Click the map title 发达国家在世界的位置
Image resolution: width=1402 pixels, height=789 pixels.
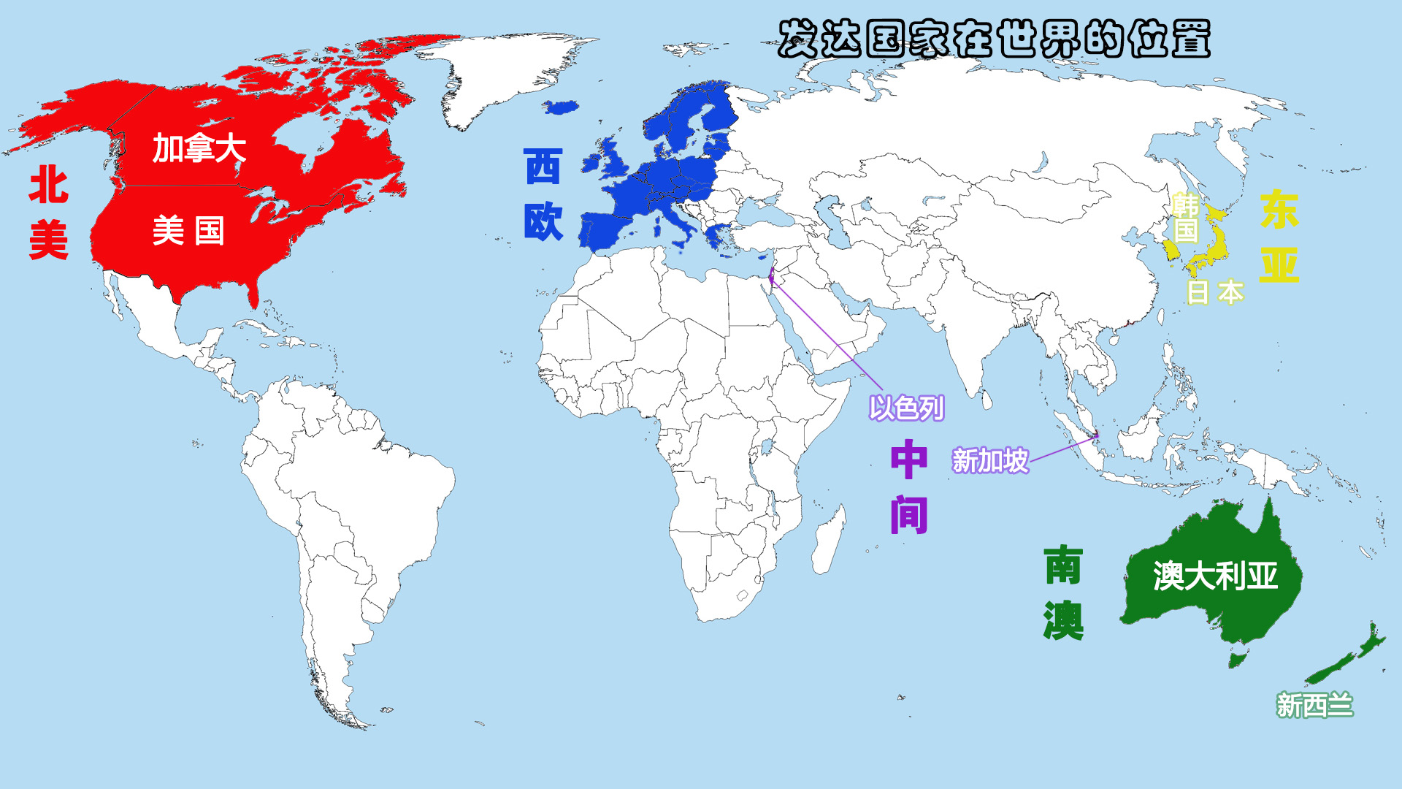993,39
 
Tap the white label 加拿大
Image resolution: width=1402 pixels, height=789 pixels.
199,149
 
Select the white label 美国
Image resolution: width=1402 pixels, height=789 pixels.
188,232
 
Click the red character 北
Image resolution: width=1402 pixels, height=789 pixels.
49,185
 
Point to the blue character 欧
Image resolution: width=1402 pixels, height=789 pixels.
543,221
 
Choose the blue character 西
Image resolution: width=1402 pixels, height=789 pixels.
543,167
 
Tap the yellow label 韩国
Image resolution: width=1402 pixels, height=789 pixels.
1185,218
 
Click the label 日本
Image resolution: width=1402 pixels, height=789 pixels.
1215,292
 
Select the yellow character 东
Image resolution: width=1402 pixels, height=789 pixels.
1279,210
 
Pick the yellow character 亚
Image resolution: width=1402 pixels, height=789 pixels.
1279,264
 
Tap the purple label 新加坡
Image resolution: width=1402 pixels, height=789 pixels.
990,461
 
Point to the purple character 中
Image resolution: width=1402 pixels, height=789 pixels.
909,460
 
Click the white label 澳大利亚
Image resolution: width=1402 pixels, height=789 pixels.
1215,576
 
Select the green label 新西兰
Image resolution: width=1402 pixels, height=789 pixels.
1314,706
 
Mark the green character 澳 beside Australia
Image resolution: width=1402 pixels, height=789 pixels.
1063,620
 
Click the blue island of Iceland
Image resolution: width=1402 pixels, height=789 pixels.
561,108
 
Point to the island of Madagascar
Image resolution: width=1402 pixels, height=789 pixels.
830,541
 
